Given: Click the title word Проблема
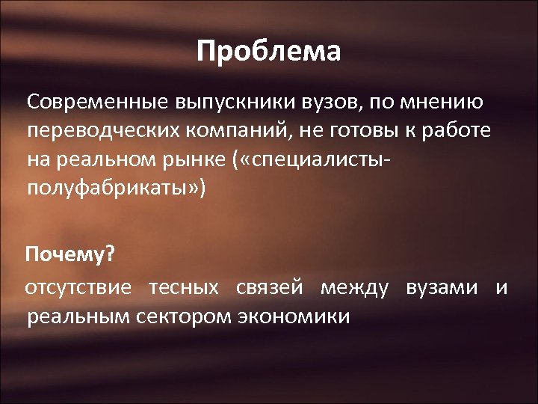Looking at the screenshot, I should [x=269, y=52].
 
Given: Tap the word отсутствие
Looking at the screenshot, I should [x=79, y=288].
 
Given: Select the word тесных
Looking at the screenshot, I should [x=183, y=288].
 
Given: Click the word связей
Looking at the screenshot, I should [x=269, y=288].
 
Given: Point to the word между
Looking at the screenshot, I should [x=355, y=288].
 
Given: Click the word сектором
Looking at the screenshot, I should [x=183, y=316].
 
